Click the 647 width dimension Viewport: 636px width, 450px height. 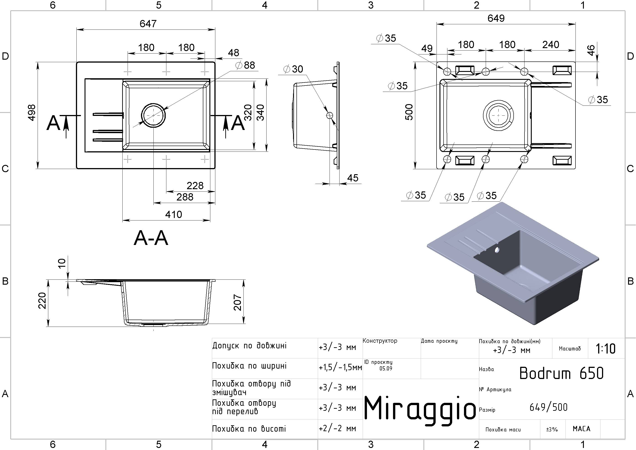[x=148, y=24]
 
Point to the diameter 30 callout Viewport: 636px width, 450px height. [x=293, y=69]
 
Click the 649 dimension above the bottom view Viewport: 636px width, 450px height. [x=496, y=18]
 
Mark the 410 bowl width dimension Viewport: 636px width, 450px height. [x=173, y=215]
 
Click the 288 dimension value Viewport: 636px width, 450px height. [x=185, y=197]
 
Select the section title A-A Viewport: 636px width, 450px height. [x=151, y=238]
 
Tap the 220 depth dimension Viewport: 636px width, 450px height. [x=42, y=301]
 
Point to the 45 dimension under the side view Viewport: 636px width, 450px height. [x=353, y=178]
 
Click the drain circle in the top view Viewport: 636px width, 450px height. [x=153, y=115]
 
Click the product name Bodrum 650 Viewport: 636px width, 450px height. [x=561, y=373]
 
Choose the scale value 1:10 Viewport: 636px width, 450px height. [x=606, y=349]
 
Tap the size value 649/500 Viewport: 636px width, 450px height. [x=549, y=407]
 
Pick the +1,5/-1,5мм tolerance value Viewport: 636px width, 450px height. [x=340, y=368]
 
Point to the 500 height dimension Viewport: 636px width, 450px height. [x=409, y=112]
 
